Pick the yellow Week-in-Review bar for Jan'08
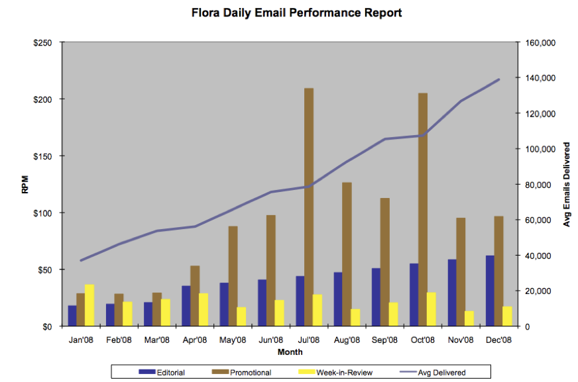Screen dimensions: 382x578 (x=89, y=305)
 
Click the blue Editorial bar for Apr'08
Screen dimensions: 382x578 (x=186, y=306)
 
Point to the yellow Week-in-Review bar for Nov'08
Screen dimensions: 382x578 (x=469, y=318)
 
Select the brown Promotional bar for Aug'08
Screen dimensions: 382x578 (x=347, y=254)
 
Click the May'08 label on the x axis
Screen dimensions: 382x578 (x=233, y=340)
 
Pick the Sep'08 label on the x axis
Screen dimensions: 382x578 (x=384, y=340)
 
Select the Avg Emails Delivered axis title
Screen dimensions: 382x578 (x=567, y=185)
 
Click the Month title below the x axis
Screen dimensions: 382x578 (x=290, y=352)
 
